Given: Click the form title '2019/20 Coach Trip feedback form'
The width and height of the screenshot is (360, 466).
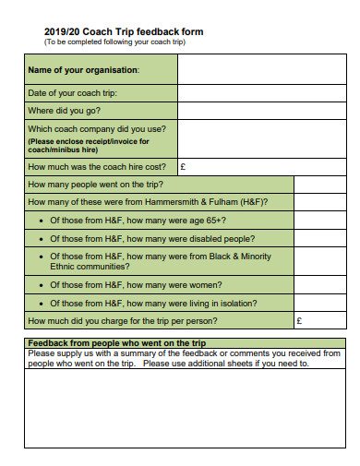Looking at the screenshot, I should (x=124, y=31).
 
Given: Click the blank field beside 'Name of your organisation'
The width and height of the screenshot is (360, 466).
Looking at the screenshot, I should (x=261, y=69).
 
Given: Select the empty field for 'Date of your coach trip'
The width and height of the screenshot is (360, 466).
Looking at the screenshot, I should (x=261, y=93).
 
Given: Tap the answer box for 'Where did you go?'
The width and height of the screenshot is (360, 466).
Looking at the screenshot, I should (x=261, y=111).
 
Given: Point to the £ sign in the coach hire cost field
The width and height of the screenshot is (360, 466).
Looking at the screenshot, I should (x=183, y=167).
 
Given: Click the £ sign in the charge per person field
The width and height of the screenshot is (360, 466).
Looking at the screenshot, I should (x=298, y=321).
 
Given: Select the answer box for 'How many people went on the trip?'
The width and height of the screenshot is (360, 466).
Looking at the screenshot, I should (x=319, y=185).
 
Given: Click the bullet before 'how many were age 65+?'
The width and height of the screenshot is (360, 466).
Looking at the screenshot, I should (x=42, y=220).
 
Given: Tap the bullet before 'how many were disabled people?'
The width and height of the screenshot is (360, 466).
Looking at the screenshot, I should (x=42, y=237).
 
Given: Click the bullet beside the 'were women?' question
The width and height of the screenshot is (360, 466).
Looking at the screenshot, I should (x=42, y=285).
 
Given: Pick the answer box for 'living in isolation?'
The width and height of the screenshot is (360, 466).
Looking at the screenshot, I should (x=319, y=303).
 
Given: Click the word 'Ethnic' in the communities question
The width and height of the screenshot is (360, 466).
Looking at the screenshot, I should (x=64, y=266).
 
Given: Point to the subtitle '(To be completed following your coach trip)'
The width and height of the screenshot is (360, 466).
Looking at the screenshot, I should (x=114, y=42).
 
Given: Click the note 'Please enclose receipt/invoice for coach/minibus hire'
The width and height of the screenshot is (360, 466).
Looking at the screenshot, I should (x=87, y=146).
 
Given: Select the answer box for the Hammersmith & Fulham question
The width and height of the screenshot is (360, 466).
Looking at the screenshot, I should (x=319, y=202).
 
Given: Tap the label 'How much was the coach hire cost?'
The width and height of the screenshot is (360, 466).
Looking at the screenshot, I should (x=97, y=167).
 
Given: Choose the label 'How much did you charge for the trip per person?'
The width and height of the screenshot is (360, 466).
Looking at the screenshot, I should (x=123, y=321).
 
